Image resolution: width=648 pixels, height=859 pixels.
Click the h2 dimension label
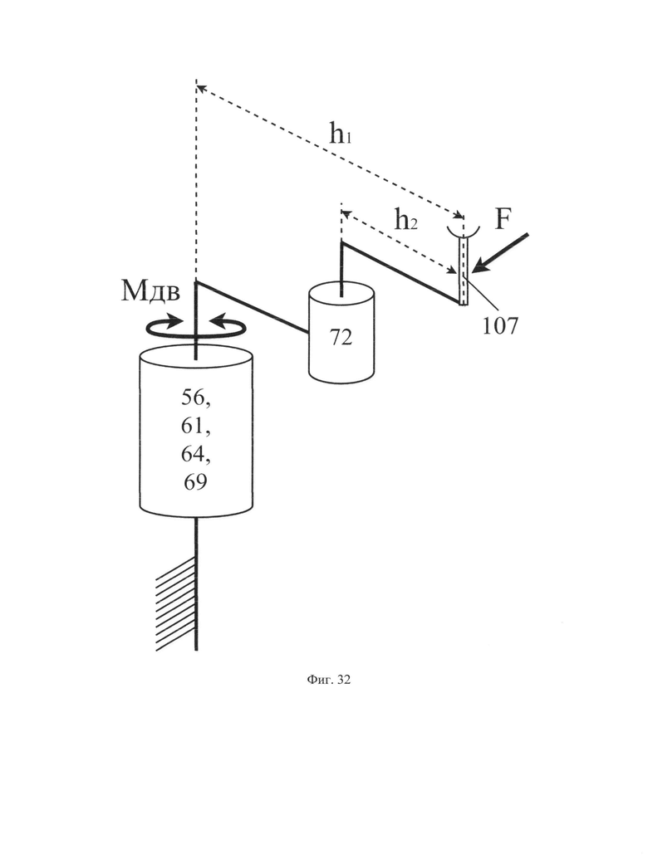pyautogui.click(x=406, y=220)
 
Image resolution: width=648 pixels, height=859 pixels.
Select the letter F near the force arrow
pyautogui.click(x=503, y=219)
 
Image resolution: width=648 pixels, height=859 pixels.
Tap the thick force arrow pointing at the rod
pyautogui.click(x=500, y=252)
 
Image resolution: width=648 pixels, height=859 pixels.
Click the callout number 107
pyautogui.click(x=500, y=326)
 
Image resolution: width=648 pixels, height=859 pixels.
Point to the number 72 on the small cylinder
pyautogui.click(x=341, y=338)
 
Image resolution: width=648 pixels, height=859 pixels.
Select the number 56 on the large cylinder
pyautogui.click(x=196, y=398)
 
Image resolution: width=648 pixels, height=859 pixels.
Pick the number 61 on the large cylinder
pyautogui.click(x=196, y=426)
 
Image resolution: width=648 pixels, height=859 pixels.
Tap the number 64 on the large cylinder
pyautogui.click(x=196, y=454)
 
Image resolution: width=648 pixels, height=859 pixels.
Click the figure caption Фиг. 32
pyautogui.click(x=328, y=680)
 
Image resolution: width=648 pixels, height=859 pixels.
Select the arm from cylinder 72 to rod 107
pyautogui.click(x=400, y=272)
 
